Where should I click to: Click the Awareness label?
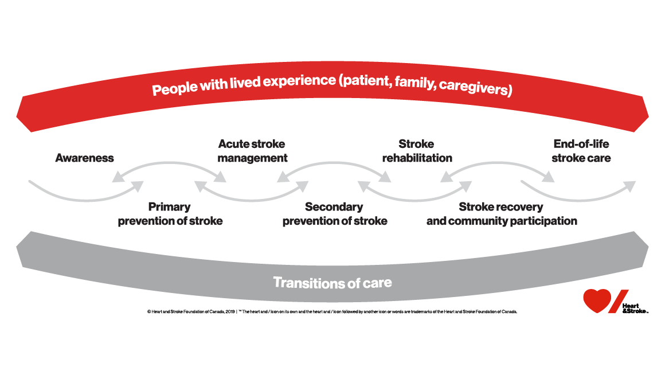pyautogui.click(x=84, y=158)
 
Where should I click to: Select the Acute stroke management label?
pyautogui.click(x=252, y=151)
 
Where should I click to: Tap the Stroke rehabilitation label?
pyautogui.click(x=417, y=151)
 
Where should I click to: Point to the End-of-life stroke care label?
pyautogui.click(x=581, y=151)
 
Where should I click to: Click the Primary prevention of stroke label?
pyautogui.click(x=170, y=214)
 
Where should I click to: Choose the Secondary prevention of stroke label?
pyautogui.click(x=334, y=214)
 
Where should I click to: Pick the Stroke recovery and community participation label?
pyautogui.click(x=501, y=214)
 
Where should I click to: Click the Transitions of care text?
pyautogui.click(x=332, y=282)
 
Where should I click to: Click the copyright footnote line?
pyautogui.click(x=332, y=312)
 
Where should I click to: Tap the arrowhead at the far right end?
pyautogui.click(x=630, y=186)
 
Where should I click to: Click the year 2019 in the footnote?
pyautogui.click(x=227, y=312)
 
